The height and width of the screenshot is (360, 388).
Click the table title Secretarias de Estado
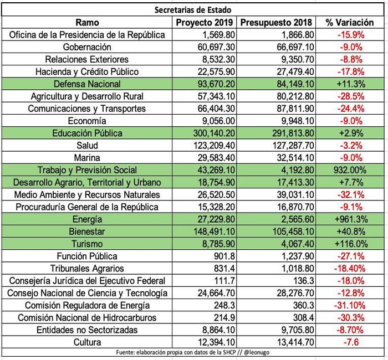(x=193, y=10)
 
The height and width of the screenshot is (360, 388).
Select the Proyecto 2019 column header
(x=205, y=23)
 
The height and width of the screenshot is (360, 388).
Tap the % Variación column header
(x=350, y=23)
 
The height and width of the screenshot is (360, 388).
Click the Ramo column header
(x=87, y=23)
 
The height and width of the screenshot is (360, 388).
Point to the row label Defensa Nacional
(x=87, y=84)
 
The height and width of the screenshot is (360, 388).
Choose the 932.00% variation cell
(x=350, y=170)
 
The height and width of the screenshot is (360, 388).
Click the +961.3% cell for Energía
(x=351, y=219)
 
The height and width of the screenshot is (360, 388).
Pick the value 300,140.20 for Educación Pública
(x=214, y=133)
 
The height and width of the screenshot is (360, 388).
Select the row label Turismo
(x=87, y=244)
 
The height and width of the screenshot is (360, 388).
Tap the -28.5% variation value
(x=351, y=96)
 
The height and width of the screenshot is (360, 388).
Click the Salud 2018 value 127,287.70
(x=293, y=146)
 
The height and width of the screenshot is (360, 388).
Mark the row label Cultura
(x=87, y=342)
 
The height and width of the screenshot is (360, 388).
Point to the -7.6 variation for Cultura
(x=351, y=342)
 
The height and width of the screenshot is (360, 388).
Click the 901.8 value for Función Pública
(x=224, y=256)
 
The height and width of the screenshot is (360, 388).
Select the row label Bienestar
(x=87, y=232)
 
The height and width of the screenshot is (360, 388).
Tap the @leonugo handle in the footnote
(x=257, y=352)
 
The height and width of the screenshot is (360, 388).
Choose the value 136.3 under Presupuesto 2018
(x=304, y=281)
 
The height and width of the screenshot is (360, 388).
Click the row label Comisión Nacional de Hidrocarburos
(x=87, y=318)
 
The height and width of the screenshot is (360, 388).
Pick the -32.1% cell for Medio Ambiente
(x=351, y=195)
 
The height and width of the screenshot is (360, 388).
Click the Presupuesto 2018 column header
(x=276, y=23)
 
